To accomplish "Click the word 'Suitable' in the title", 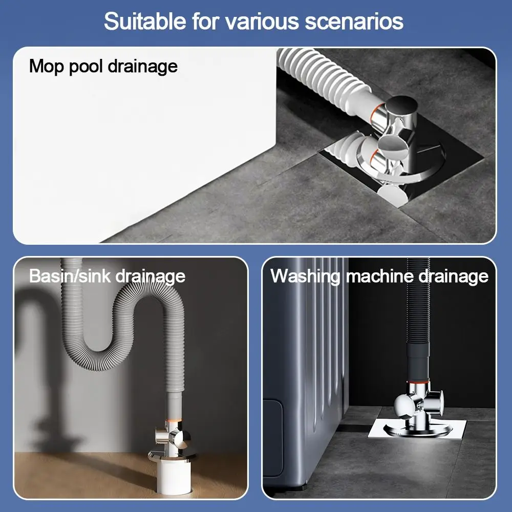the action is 145,21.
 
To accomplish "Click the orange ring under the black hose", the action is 418,381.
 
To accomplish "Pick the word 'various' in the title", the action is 262,21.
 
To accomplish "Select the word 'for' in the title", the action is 205,21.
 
